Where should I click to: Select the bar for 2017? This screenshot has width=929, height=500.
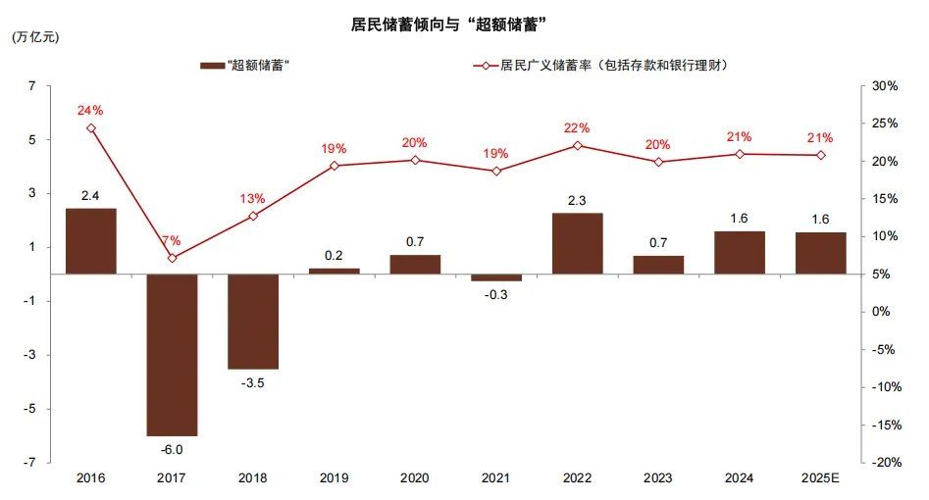pos(172,354)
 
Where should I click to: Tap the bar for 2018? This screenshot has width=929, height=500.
pos(253,321)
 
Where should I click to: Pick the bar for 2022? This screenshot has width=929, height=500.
pos(577,243)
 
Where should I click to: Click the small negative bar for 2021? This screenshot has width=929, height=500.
pos(496,277)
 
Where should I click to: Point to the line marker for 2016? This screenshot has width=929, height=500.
pos(91,128)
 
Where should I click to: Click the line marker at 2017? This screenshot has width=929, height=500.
pos(172,258)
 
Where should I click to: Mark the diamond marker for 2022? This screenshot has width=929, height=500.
pos(577,145)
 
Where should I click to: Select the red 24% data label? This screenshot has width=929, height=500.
pos(90,110)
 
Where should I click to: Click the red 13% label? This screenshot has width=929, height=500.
pos(252,198)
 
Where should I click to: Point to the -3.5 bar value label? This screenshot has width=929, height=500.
pos(253,382)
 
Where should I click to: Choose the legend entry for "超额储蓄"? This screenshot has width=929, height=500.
pos(245,66)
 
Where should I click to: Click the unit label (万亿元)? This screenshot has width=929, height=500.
pos(35,37)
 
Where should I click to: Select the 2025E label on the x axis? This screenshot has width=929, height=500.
pos(820,478)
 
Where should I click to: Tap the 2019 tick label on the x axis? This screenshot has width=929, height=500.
pos(334,478)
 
